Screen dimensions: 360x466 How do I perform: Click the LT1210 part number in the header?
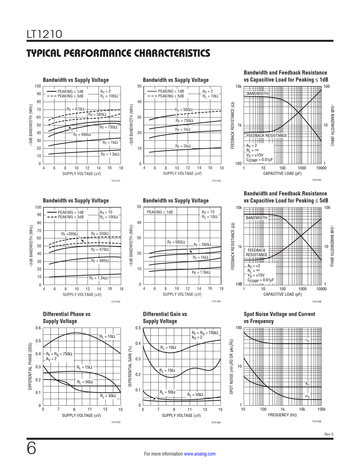44,34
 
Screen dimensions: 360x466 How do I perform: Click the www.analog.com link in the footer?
200,454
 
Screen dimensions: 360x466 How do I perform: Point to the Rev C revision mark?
329,434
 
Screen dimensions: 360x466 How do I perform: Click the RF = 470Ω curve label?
75,109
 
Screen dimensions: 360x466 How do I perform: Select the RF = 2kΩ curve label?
183,146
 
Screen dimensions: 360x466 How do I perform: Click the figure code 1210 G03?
317,180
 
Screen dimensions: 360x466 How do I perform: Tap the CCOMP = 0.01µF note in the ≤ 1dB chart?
260,160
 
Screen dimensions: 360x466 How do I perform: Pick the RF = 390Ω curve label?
69,234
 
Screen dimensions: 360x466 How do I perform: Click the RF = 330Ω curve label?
100,234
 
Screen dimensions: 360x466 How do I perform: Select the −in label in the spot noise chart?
307,340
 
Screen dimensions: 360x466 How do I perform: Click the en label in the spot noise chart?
307,384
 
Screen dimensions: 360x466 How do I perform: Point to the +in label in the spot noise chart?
307,396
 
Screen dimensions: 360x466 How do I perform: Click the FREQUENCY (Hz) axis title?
282,415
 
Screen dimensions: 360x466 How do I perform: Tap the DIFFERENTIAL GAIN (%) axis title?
130,366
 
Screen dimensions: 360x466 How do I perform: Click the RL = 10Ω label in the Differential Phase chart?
107,336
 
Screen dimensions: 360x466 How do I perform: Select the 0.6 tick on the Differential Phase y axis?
38,328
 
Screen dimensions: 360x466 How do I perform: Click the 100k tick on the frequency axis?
321,409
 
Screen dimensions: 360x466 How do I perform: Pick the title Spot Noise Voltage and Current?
279,314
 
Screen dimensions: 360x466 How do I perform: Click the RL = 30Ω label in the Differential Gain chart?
195,395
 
